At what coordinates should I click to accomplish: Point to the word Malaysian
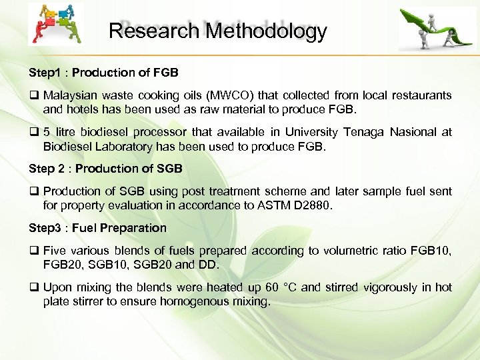pos(71,95)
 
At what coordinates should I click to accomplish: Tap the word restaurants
pos(421,95)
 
